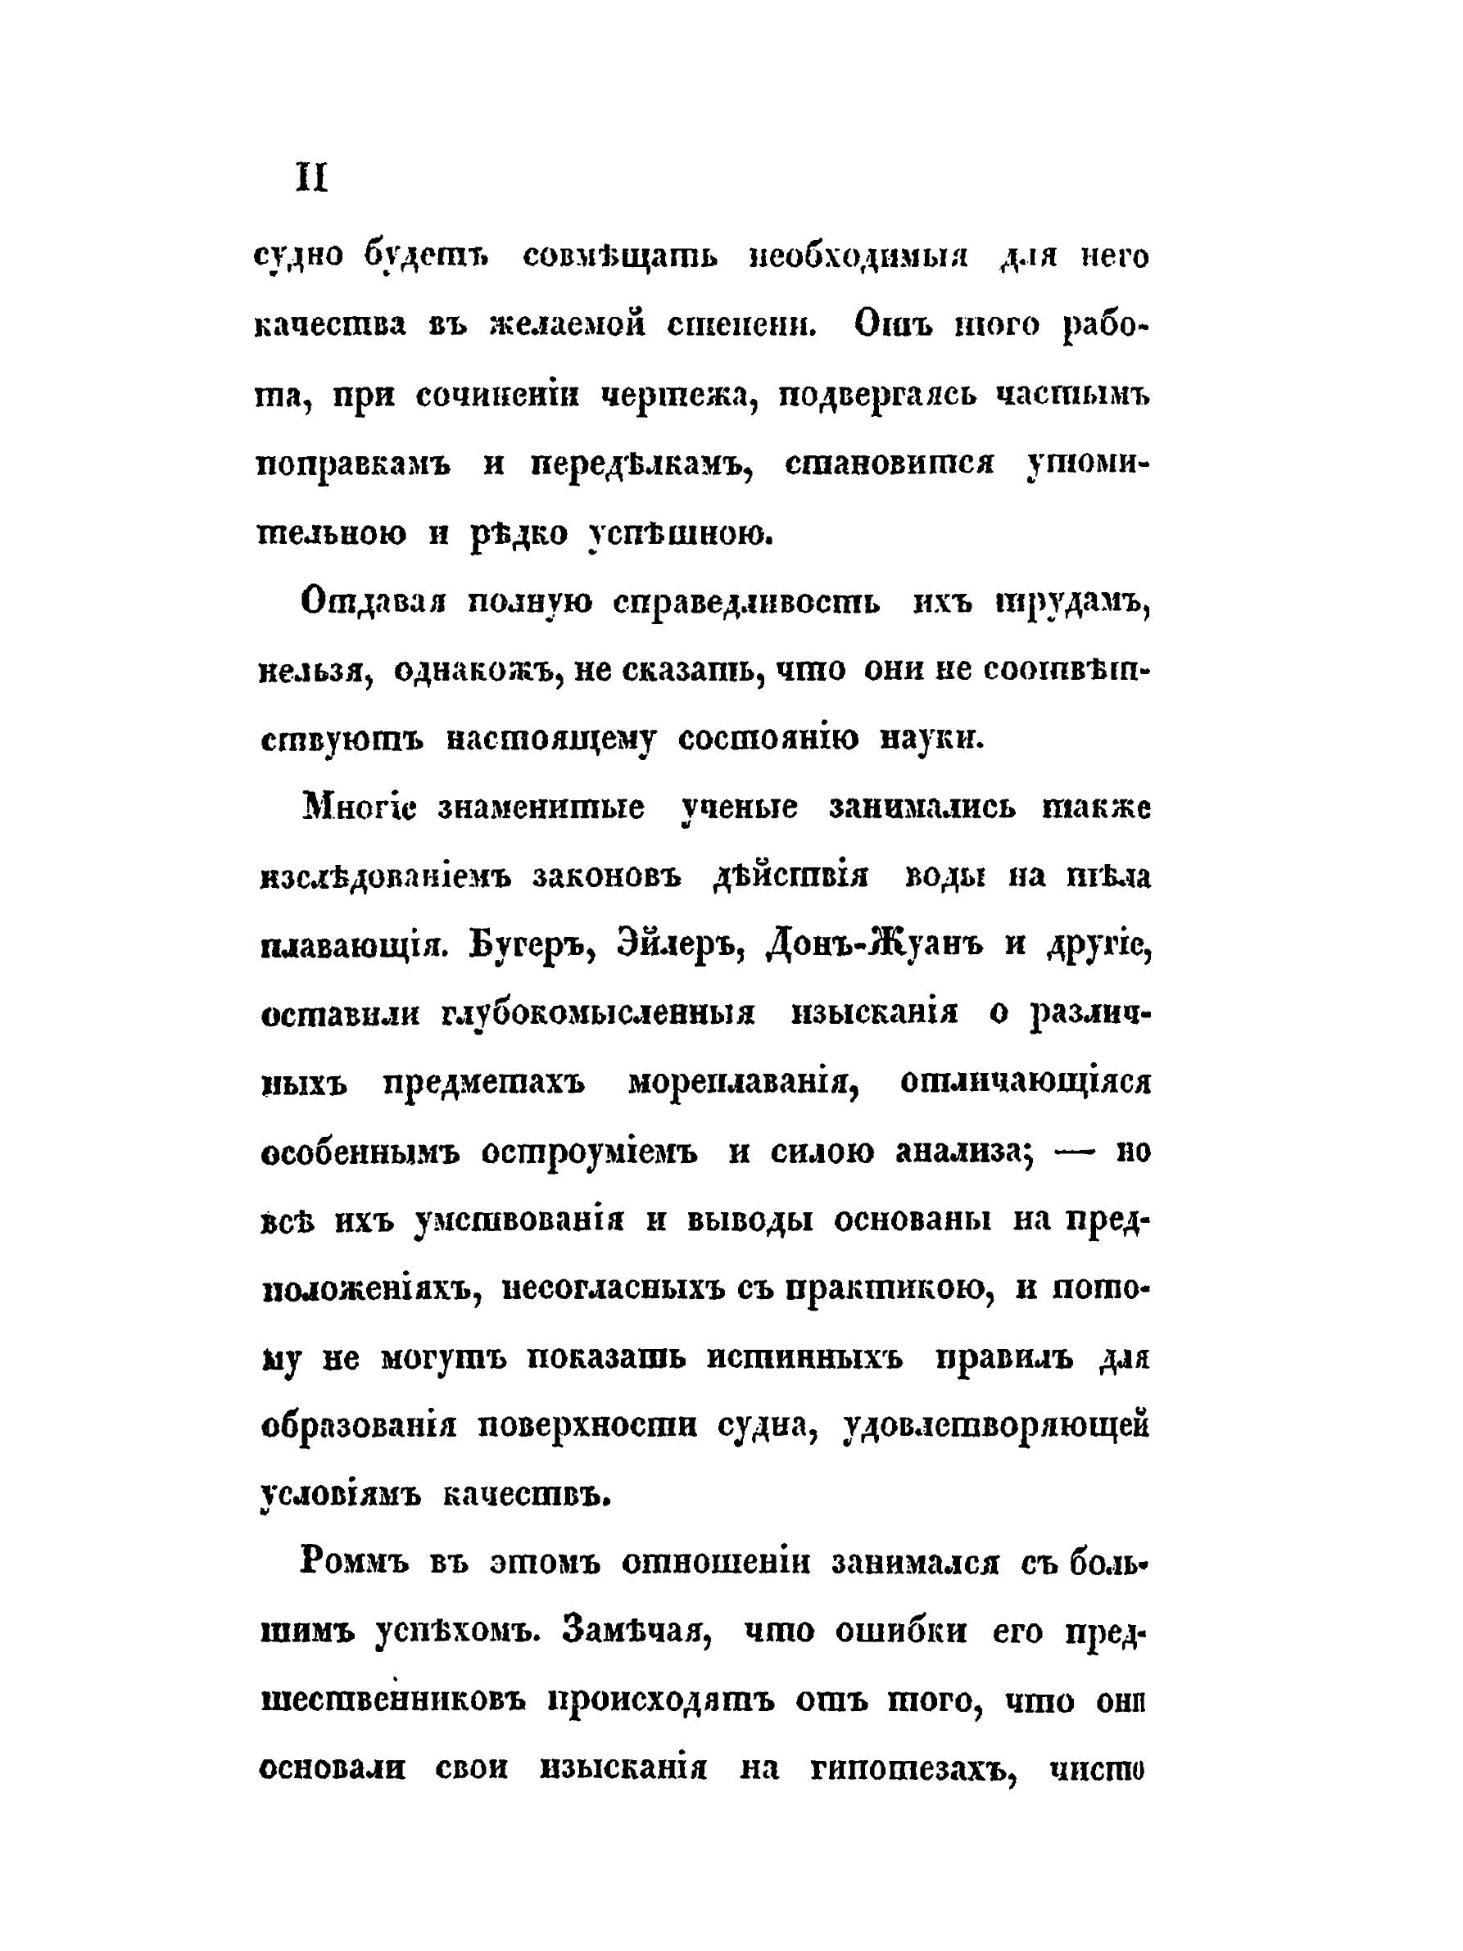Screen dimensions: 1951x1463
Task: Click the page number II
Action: [311, 180]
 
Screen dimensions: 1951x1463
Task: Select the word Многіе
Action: [359, 807]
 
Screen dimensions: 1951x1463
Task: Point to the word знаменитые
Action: [541, 807]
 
